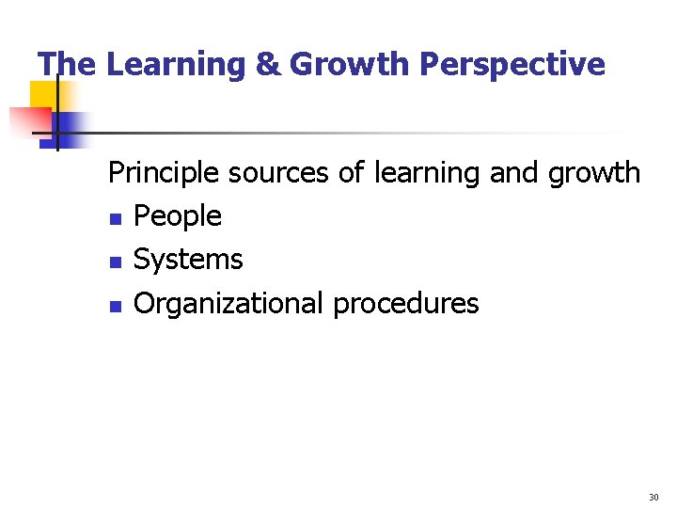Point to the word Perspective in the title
coord(512,65)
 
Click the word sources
coord(273,173)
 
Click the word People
coord(178,216)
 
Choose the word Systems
coord(188,260)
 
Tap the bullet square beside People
coord(114,219)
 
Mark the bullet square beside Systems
coord(114,262)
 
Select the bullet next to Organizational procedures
coord(114,306)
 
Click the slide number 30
coord(653,497)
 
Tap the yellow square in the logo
coord(43,94)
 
